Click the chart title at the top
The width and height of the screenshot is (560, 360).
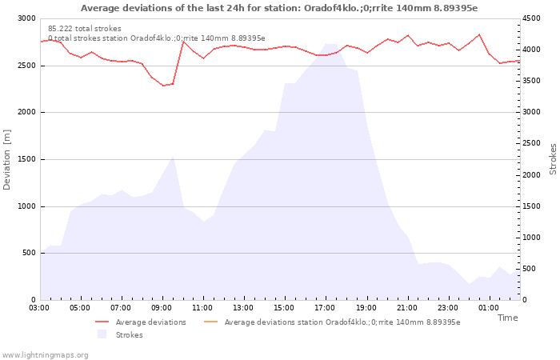pos(279,8)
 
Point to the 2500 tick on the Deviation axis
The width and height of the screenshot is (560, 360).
pos(26,66)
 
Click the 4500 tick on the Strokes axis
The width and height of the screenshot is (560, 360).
pos(531,18)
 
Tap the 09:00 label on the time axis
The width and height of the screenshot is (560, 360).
pos(162,308)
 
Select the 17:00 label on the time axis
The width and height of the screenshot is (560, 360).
pos(325,308)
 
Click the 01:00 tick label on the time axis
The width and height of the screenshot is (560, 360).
pos(488,308)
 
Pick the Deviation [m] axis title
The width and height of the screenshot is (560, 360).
pos(6,160)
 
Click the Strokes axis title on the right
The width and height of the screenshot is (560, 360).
pos(553,159)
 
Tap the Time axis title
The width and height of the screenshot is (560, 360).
pos(507,318)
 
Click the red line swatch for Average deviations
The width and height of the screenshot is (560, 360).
pos(102,322)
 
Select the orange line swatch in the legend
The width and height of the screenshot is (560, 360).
pos(210,322)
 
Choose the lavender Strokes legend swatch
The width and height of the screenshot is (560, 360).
pos(102,334)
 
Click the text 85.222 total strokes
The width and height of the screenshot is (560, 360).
pos(85,29)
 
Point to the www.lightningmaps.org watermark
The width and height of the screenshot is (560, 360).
pos(45,355)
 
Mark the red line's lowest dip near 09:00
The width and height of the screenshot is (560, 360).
pos(163,86)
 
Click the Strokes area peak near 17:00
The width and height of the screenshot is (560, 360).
pos(330,44)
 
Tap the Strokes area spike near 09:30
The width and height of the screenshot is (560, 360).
pos(174,156)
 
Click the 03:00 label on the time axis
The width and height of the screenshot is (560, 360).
pos(39,308)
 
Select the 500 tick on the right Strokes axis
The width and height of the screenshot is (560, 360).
pos(530,269)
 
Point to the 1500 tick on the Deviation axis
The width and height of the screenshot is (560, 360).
pos(26,160)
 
